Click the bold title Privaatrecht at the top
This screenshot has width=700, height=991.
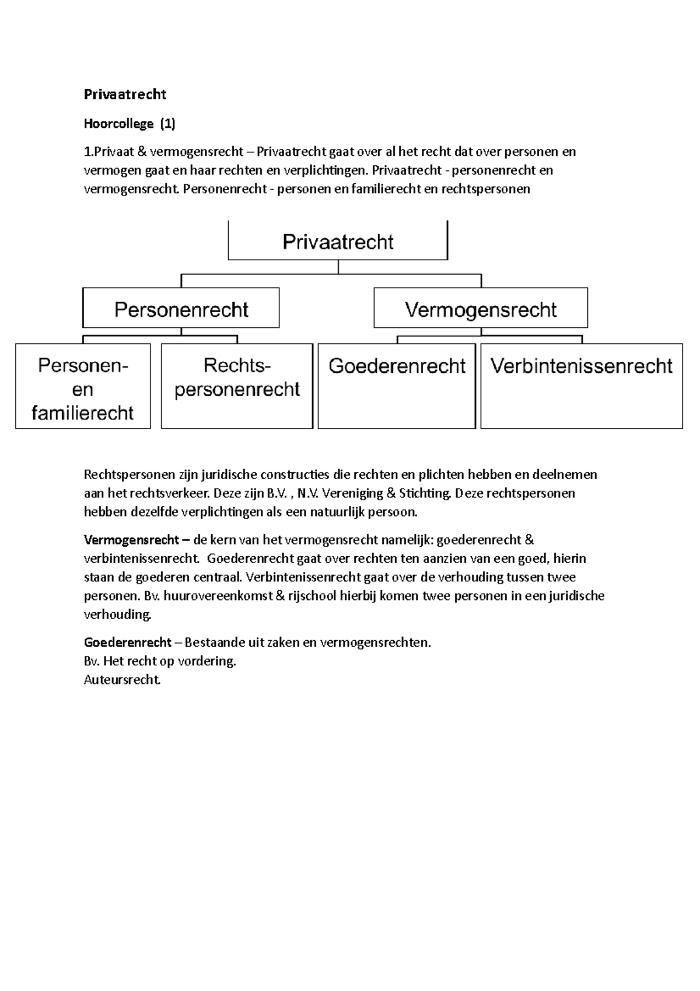[125, 95]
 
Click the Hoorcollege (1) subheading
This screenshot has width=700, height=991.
[129, 124]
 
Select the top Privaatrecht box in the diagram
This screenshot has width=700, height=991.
[338, 242]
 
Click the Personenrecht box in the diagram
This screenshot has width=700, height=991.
[181, 309]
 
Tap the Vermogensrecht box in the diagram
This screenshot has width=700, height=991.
[480, 309]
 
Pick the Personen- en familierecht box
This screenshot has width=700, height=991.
[83, 388]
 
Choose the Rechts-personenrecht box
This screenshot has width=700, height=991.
[237, 385]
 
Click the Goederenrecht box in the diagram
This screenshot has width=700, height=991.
[397, 385]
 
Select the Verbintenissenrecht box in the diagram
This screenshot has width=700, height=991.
[581, 385]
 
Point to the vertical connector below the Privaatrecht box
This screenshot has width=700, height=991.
[338, 267]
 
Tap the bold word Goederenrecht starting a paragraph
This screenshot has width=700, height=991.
[128, 643]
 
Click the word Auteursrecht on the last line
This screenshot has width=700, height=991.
[121, 680]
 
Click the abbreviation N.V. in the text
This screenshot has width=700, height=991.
[308, 493]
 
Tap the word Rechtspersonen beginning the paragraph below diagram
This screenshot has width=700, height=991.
[125, 474]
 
